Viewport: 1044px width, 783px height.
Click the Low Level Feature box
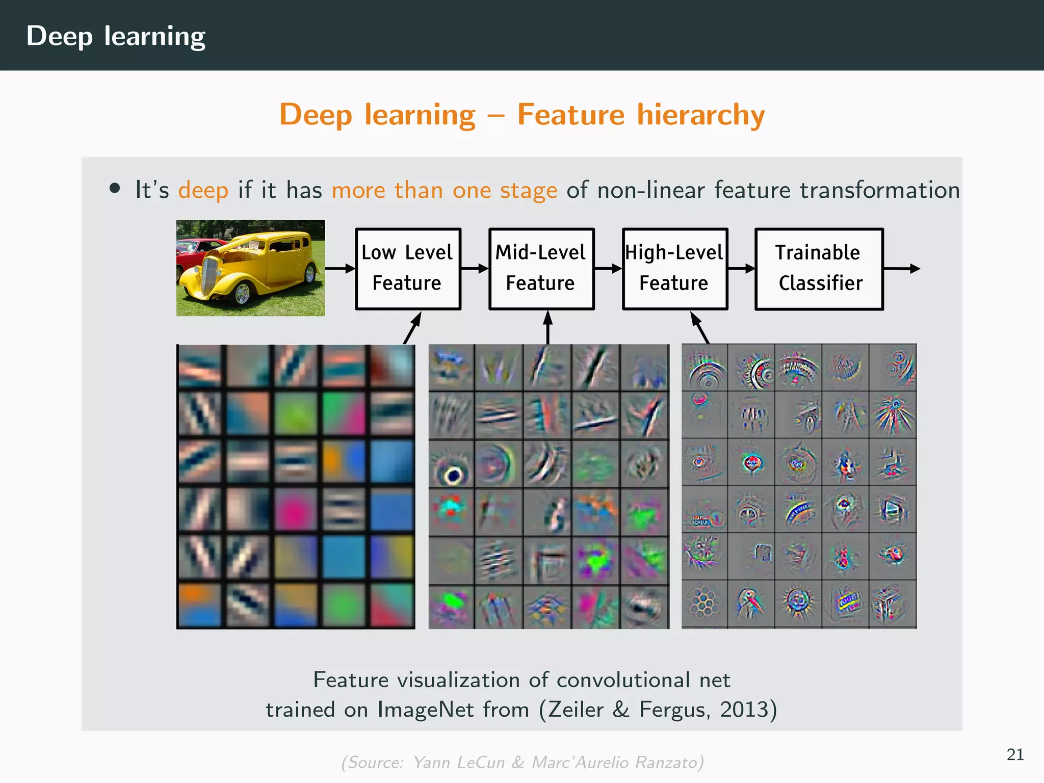point(408,269)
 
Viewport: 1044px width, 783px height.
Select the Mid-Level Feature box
point(541,269)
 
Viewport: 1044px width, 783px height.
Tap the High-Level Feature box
point(675,269)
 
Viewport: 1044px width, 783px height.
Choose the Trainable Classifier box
point(819,269)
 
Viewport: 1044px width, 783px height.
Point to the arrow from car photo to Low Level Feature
point(340,269)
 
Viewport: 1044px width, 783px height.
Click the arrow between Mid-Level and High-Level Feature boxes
point(608,269)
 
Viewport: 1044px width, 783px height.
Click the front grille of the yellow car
point(210,278)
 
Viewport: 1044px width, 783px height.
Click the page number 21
point(1015,754)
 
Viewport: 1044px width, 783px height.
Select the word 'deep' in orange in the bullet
point(203,190)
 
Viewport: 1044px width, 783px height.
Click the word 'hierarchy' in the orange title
point(701,114)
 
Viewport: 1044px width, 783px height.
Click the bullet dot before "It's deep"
point(115,188)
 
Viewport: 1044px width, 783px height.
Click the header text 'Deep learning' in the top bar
point(116,36)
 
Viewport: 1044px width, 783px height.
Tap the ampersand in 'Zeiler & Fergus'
point(620,709)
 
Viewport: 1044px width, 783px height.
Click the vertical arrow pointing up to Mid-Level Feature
point(548,327)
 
